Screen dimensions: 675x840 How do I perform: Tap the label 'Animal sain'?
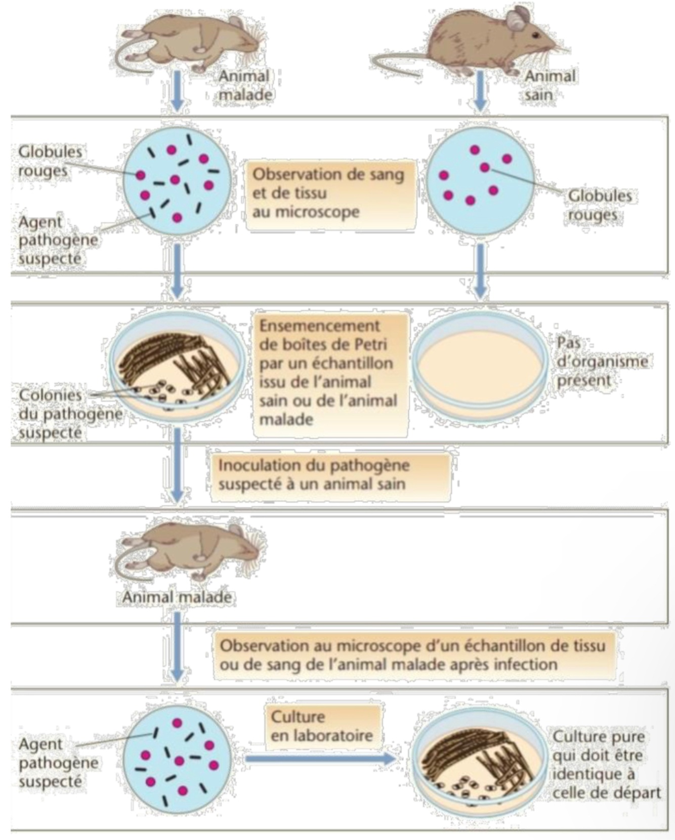tap(549, 85)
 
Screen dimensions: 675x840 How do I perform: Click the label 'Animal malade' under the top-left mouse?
tap(245, 85)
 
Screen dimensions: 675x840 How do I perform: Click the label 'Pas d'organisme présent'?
tap(601, 362)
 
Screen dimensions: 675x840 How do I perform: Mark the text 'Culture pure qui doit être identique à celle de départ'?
tap(605, 765)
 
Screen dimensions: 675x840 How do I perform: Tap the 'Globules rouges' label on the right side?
tap(600, 205)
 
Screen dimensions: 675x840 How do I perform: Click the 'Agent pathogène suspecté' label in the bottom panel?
tap(57, 763)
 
